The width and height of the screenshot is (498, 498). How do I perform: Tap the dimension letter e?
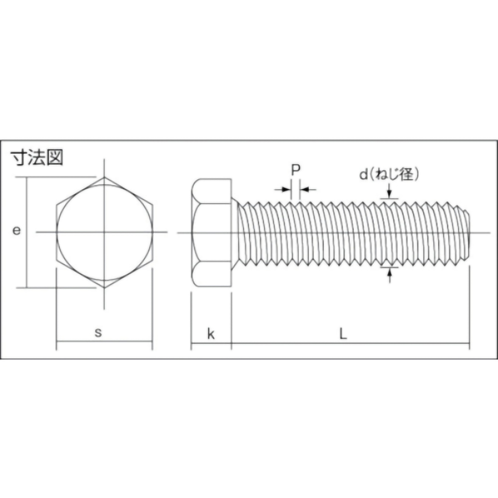(16, 231)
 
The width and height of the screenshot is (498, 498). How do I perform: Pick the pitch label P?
(295, 171)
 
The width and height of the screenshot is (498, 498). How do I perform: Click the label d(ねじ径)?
(389, 174)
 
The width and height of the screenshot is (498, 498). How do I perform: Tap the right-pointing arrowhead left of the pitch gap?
(287, 190)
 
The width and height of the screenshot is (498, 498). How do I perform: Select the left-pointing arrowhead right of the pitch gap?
(304, 190)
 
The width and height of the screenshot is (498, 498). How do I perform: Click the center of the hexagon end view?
(105, 232)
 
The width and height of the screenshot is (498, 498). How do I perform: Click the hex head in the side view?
(212, 232)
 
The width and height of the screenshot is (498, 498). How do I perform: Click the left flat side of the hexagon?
(56, 232)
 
